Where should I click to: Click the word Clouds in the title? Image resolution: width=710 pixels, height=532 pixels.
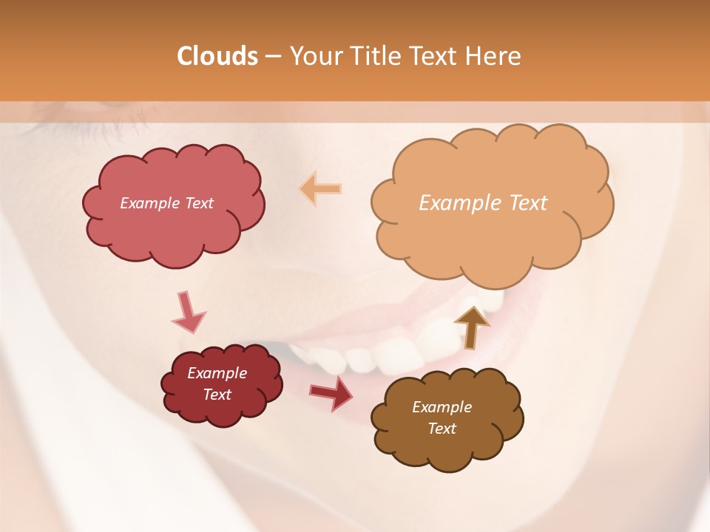tap(217, 56)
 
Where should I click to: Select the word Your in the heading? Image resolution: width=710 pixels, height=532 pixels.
tap(317, 56)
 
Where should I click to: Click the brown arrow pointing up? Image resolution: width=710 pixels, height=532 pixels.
tap(471, 326)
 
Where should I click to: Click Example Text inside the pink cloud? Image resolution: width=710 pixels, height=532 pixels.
tap(166, 203)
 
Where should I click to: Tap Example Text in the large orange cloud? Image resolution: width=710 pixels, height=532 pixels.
tap(483, 203)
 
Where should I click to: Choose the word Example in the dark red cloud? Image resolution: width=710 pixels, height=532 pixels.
tap(217, 373)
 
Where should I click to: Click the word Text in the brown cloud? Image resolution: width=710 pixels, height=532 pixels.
tap(442, 429)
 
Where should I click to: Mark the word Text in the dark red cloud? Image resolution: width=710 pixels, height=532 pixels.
tap(217, 395)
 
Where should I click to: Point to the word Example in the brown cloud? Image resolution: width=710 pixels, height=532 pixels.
tap(442, 407)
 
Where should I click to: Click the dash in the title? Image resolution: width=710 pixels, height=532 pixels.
tap(272, 56)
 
